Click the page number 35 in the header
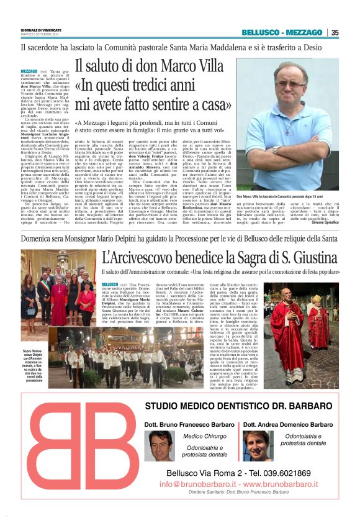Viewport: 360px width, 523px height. pos(335,33)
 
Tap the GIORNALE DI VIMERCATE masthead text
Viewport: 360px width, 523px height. pos(40,29)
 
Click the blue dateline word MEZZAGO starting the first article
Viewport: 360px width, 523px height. pos(29,72)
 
